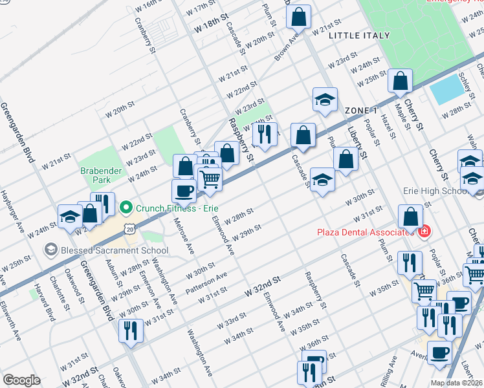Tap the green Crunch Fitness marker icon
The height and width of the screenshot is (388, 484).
[x=126, y=208]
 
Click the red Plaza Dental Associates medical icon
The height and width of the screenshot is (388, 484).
[x=424, y=232]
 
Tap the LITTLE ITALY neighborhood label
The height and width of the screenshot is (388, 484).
[x=359, y=36]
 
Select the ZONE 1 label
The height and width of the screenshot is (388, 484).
[x=361, y=110]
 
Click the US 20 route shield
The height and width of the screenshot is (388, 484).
[x=131, y=229]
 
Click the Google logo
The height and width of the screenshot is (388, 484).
[x=21, y=380]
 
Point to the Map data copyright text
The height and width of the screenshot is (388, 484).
[x=456, y=383]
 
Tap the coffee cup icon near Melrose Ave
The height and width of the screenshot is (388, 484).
[x=184, y=190]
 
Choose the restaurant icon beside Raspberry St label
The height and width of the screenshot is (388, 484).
[x=264, y=134]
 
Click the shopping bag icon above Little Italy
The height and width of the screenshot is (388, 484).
[x=298, y=17]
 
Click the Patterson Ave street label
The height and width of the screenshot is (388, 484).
[x=206, y=281]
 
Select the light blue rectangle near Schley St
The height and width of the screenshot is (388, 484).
[x=447, y=91]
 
